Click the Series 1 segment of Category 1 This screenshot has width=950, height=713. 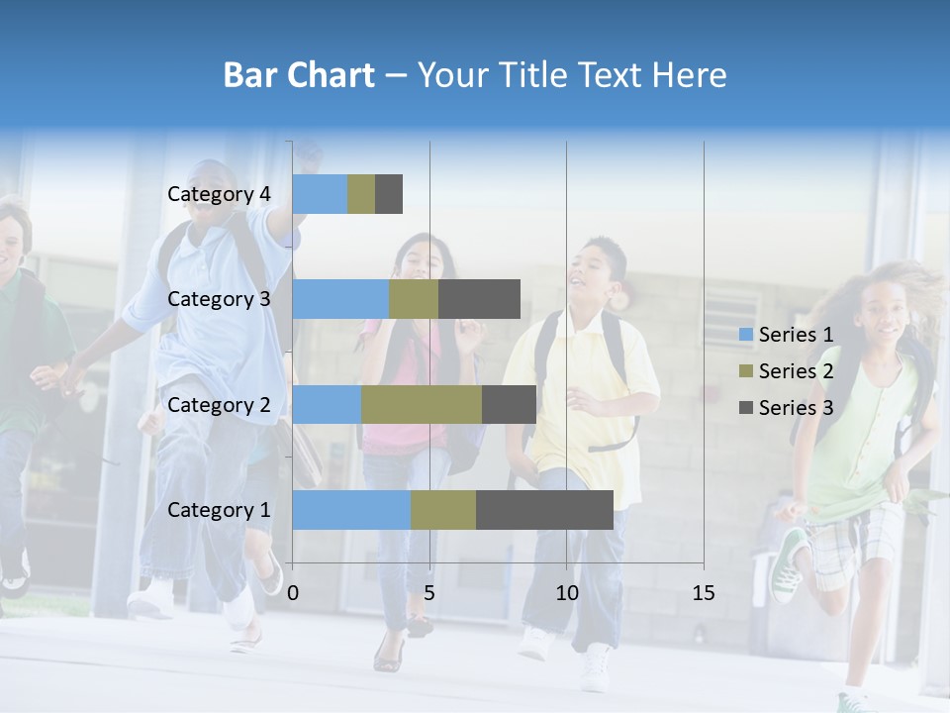tap(351, 510)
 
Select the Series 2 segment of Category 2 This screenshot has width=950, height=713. tap(422, 405)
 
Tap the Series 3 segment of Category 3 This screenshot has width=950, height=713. tap(479, 299)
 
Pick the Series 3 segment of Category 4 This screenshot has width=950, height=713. tap(389, 194)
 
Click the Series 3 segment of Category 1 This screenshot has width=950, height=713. tap(544, 510)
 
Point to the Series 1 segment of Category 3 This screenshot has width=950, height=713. tap(340, 299)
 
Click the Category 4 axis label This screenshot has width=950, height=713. tap(219, 194)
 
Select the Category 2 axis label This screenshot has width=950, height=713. tap(219, 405)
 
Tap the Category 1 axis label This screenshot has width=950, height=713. tap(219, 510)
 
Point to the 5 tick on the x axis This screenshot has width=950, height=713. tap(429, 593)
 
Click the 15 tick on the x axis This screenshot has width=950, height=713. tap(703, 593)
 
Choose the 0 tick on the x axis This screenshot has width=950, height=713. tap(293, 593)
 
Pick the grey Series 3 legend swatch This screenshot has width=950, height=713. tap(745, 408)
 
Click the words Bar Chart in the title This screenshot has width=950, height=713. tap(299, 75)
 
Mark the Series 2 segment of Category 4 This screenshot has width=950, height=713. tap(361, 194)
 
